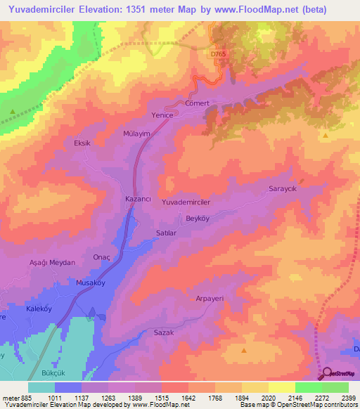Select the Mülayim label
(138, 131)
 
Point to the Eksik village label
(83, 143)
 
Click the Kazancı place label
(138, 200)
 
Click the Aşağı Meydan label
(52, 262)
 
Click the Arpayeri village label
(209, 299)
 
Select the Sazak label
(163, 335)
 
